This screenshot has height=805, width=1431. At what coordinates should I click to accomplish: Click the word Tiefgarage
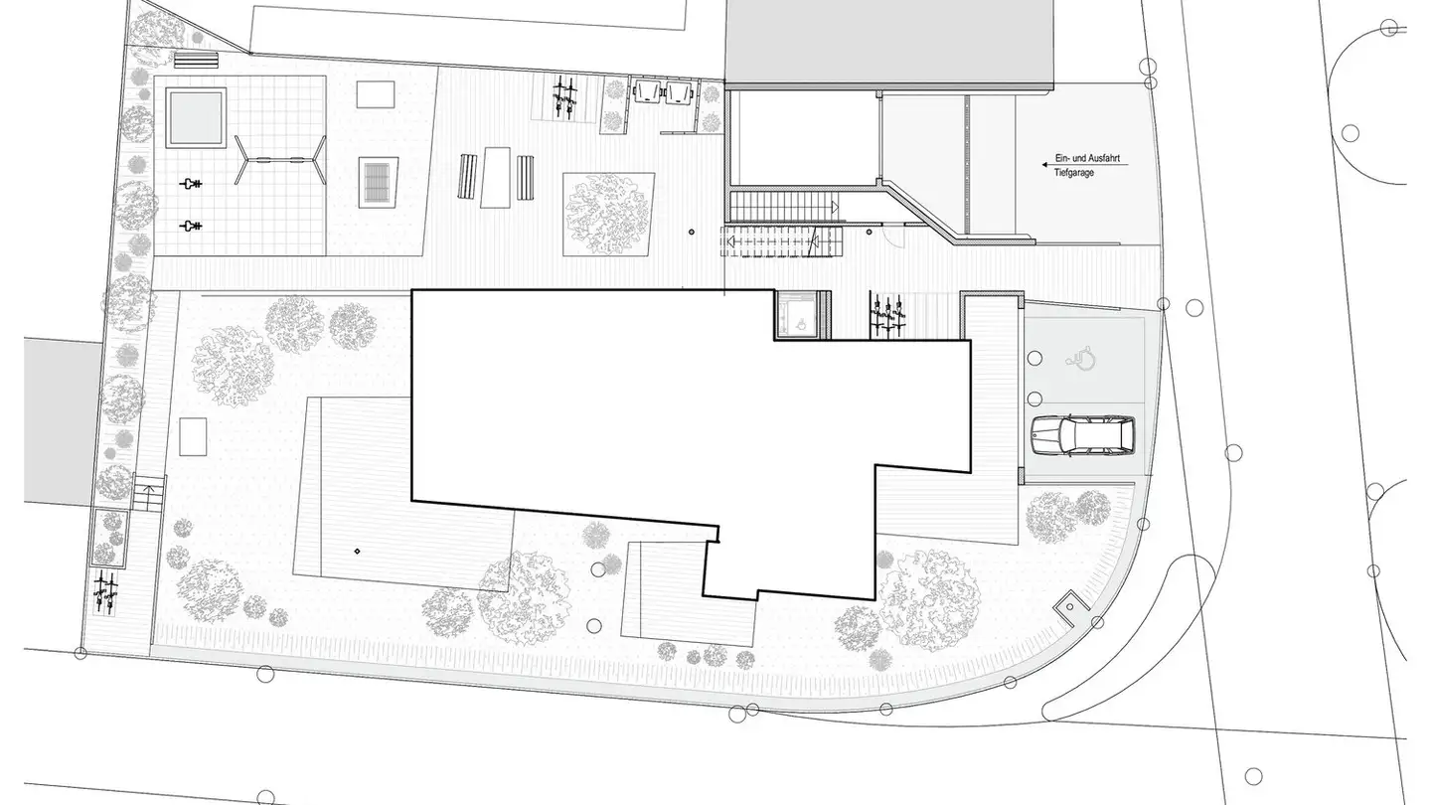pos(1075,172)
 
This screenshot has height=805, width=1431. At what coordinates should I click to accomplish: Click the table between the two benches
pos(495,177)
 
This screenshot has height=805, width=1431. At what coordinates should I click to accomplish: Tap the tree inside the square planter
pos(607,212)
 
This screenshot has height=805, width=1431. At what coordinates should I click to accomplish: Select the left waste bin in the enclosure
pos(648,91)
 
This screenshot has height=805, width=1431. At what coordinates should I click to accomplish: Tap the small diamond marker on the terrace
pos(357,551)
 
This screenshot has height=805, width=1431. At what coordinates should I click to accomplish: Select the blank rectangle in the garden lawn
pos(193,436)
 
